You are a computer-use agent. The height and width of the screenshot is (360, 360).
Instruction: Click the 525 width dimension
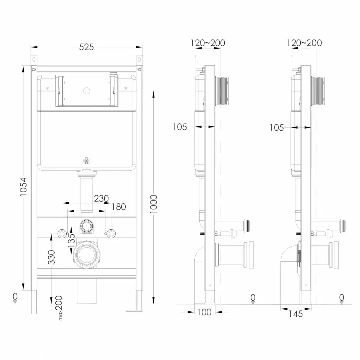[x=86, y=47]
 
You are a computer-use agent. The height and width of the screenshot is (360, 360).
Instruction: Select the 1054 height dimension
[x=23, y=186]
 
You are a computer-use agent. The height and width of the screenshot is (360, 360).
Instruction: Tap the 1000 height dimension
[x=153, y=204]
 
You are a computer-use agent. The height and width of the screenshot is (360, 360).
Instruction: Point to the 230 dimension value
[x=101, y=198]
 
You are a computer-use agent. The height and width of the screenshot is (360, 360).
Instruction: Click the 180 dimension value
[x=119, y=207]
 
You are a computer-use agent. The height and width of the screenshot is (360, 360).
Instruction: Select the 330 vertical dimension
[x=52, y=257]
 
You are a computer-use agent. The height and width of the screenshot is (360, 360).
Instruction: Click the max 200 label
[x=59, y=308]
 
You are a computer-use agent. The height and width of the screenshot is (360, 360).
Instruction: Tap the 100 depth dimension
[x=204, y=312]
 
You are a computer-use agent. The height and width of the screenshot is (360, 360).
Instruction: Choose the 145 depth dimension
[x=296, y=314]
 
